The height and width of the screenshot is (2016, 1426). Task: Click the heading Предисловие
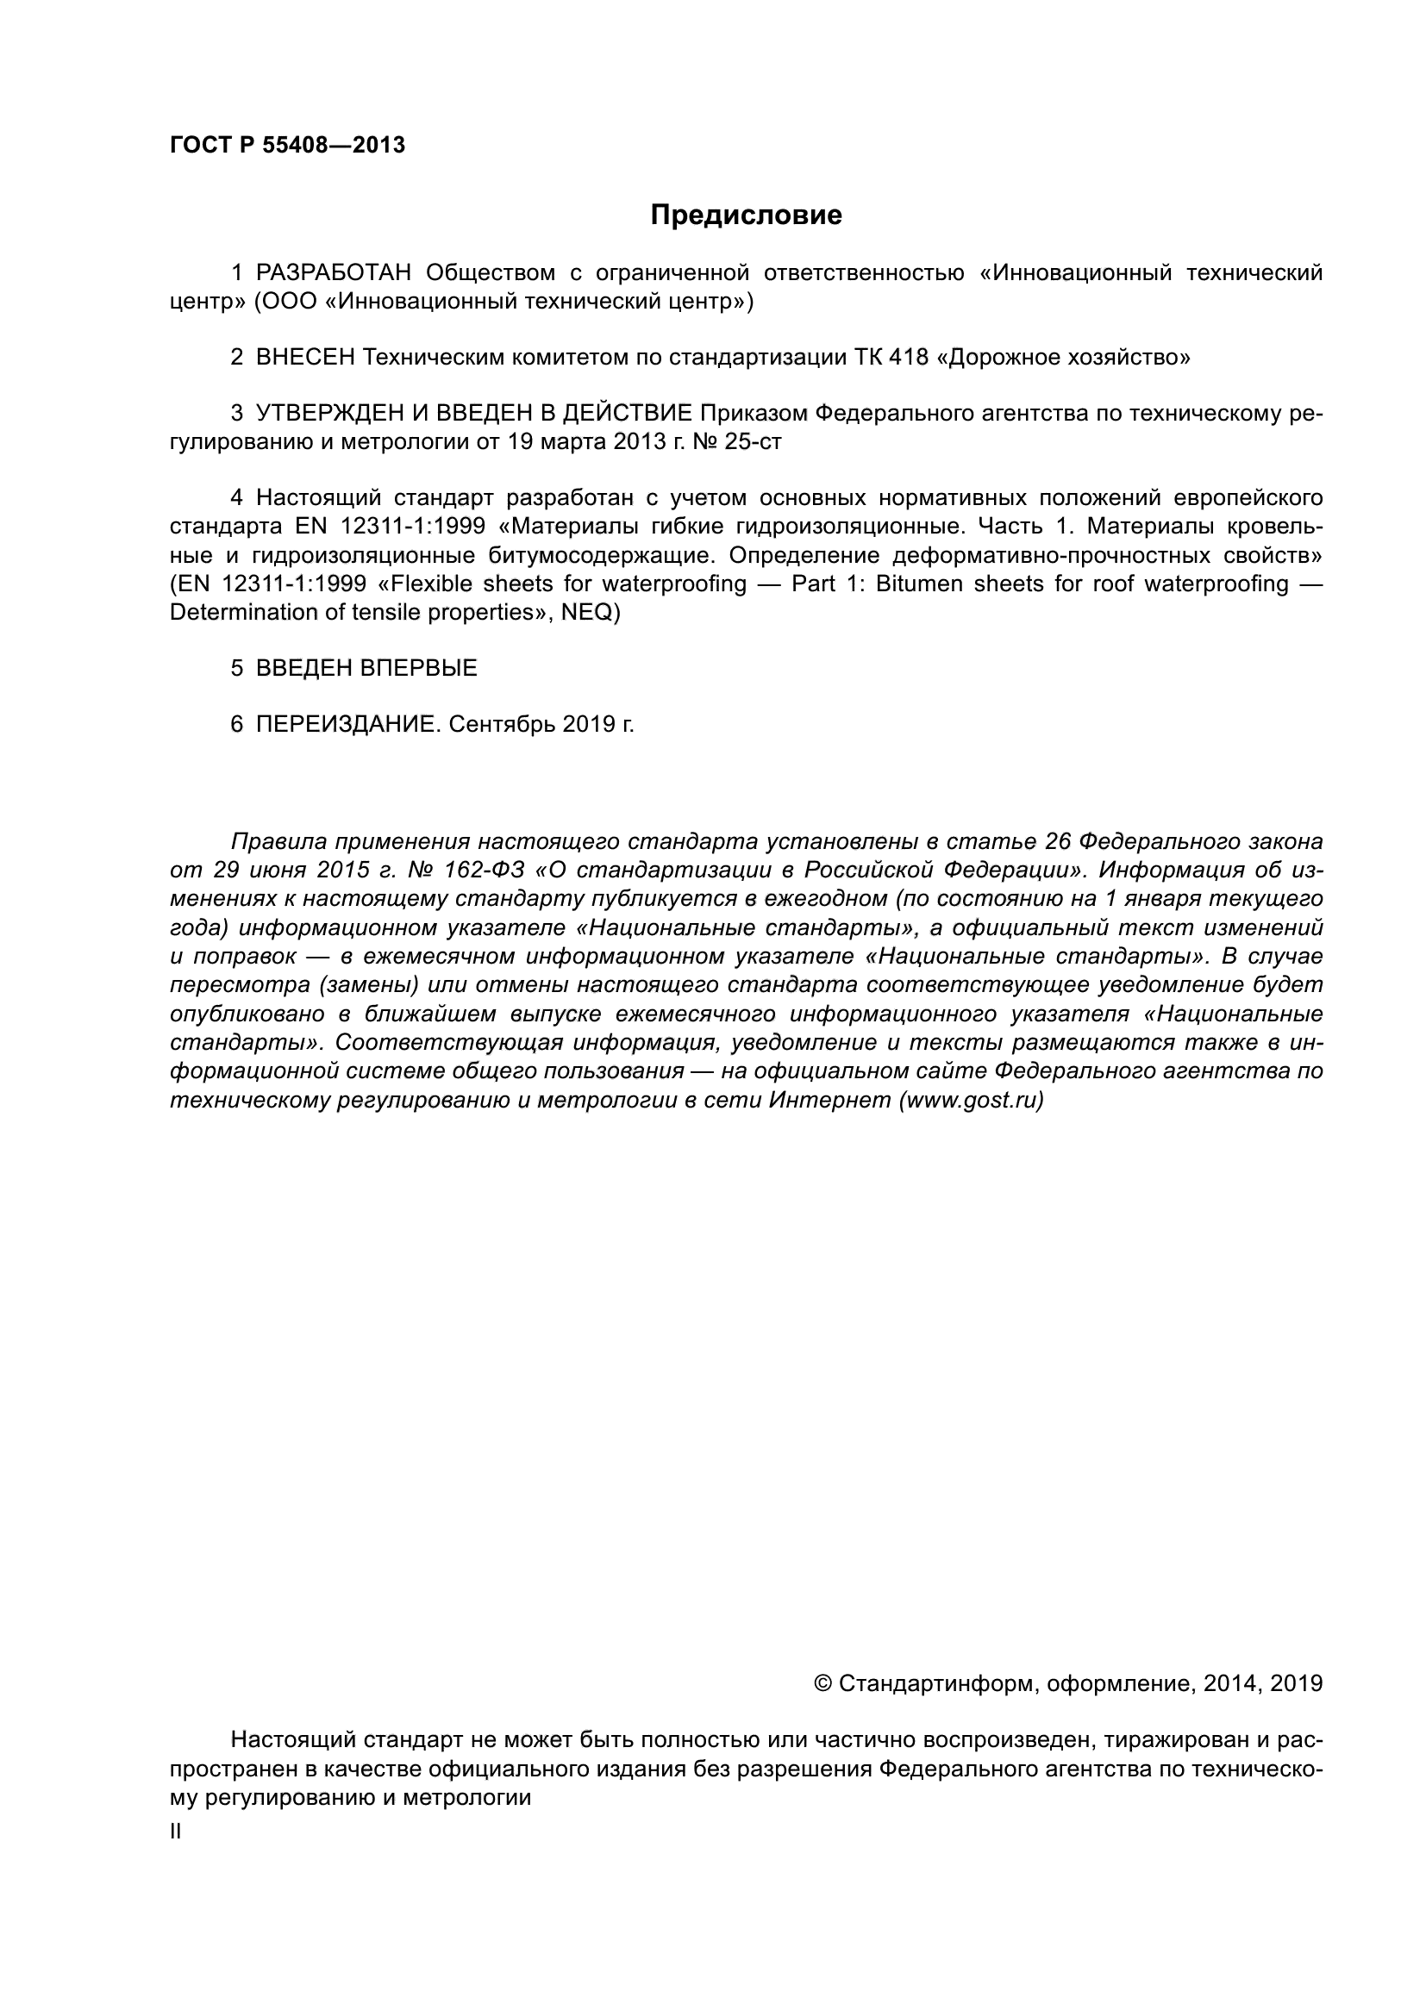pyautogui.click(x=746, y=215)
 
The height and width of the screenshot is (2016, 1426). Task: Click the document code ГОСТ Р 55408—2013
pyautogui.click(x=287, y=145)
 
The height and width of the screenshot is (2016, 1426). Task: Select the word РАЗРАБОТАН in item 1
pyautogui.click(x=333, y=273)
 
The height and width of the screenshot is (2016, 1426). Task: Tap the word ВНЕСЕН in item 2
pyautogui.click(x=304, y=358)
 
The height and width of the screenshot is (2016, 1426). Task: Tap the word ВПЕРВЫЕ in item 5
pyautogui.click(x=419, y=668)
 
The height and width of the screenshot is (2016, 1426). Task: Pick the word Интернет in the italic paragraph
pyautogui.click(x=829, y=1100)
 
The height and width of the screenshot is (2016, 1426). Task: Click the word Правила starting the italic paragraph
pyautogui.click(x=279, y=842)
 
